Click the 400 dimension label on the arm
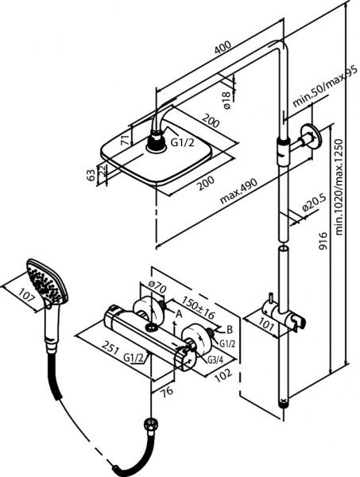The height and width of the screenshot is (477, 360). click(x=223, y=47)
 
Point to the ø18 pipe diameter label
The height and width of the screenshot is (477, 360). click(x=226, y=100)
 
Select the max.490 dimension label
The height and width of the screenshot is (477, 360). click(x=238, y=191)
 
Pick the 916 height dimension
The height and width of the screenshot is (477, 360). click(x=323, y=240)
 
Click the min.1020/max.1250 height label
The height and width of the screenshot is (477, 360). click(x=339, y=187)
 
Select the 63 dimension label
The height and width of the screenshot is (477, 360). click(x=91, y=175)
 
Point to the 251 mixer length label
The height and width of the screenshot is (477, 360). click(x=110, y=347)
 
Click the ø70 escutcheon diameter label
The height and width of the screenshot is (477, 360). click(x=157, y=286)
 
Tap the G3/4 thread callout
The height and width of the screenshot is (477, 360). click(x=215, y=359)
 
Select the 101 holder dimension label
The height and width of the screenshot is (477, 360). click(x=267, y=325)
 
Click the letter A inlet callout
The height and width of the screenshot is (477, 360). click(x=179, y=314)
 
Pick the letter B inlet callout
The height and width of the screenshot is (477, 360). click(x=230, y=329)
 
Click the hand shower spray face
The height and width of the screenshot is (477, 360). click(x=45, y=281)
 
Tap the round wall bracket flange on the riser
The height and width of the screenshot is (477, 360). click(x=311, y=137)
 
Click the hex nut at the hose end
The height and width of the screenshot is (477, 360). click(x=150, y=424)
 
